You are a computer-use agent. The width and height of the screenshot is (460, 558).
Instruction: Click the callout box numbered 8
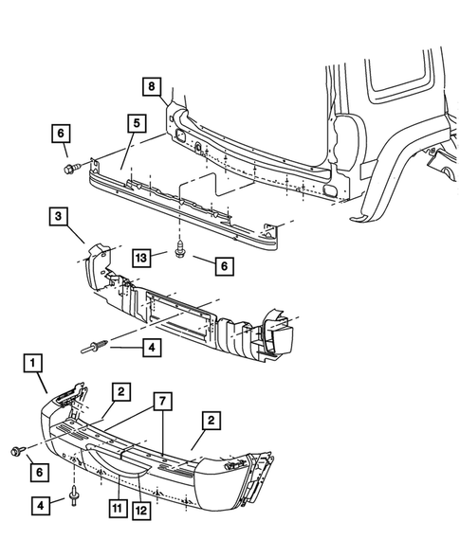[152, 87]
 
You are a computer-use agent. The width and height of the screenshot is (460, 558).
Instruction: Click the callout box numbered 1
[34, 362]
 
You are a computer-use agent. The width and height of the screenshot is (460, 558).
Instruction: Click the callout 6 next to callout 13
[225, 268]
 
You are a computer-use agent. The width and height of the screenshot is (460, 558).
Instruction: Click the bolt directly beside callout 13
[181, 253]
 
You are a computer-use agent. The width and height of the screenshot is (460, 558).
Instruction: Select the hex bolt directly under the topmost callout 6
[68, 169]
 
